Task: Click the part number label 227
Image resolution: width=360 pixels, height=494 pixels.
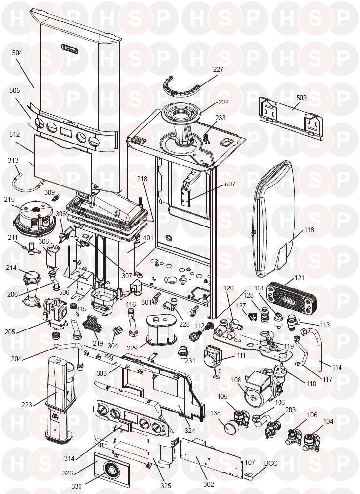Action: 218,69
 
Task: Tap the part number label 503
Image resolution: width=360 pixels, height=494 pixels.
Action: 301,98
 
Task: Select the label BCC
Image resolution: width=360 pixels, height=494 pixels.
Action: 271,463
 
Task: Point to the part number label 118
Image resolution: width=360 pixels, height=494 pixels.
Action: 309,230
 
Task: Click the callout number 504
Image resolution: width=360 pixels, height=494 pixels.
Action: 18,52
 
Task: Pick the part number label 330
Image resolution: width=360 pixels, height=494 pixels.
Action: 77,487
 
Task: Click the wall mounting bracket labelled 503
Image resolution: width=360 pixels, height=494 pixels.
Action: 291,118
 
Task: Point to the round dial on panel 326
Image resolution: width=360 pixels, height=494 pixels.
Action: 110,471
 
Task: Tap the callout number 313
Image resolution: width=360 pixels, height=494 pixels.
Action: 13,160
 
